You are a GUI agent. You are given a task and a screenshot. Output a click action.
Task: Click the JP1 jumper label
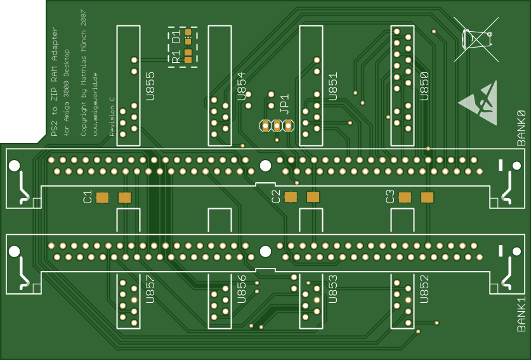coord(285,103)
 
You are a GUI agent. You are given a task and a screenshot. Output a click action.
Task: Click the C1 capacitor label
coord(88,197)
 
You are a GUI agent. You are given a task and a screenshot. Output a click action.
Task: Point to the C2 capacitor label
coord(275,197)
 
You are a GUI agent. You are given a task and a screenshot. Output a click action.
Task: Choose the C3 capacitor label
coord(390,197)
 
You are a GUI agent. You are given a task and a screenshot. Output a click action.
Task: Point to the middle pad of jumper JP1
coord(277,126)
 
